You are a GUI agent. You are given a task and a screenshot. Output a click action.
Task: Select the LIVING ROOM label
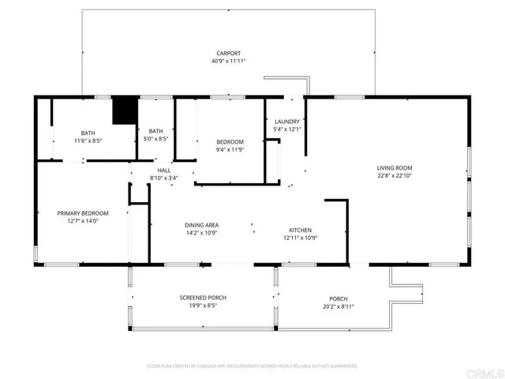pyautogui.click(x=394, y=168)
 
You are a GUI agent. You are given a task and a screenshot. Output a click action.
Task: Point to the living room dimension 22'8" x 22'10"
pyautogui.click(x=394, y=176)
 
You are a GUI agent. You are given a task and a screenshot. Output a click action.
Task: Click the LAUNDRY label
pyautogui.click(x=286, y=122)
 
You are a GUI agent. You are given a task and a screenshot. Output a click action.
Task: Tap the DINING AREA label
pyautogui.click(x=201, y=225)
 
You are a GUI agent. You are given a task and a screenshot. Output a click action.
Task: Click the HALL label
pyautogui.click(x=163, y=170)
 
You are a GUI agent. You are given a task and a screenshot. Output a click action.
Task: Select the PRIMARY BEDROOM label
pyautogui.click(x=82, y=213)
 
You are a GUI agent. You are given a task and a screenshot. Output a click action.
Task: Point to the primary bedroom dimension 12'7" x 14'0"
pyautogui.click(x=82, y=221)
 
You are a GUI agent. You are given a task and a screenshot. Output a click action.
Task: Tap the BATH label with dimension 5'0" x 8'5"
pyautogui.click(x=156, y=131)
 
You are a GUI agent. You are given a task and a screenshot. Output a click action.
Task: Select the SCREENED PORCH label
pyautogui.click(x=203, y=298)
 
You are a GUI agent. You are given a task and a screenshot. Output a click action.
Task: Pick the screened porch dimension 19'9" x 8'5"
pyautogui.click(x=203, y=306)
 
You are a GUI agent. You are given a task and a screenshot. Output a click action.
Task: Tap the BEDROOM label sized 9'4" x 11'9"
pyautogui.click(x=231, y=141)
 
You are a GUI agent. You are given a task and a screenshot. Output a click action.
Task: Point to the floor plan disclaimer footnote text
pyautogui.click(x=252, y=366)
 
